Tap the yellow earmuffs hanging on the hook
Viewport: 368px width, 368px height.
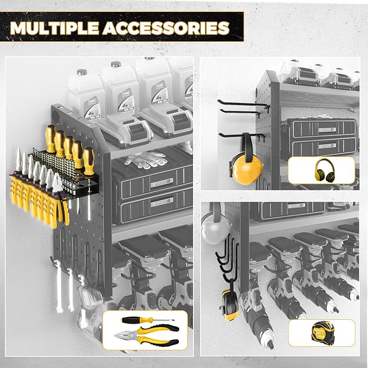[x=246, y=165]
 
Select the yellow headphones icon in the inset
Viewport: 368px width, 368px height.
[x=321, y=170]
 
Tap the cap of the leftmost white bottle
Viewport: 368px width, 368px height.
[x=82, y=72]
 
